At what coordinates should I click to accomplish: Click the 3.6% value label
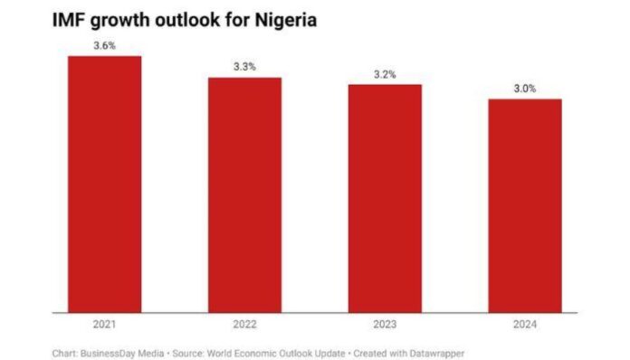pos(105,45)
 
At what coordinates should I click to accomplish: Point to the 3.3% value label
pos(244,67)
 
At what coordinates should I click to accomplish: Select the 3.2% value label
pos(385,74)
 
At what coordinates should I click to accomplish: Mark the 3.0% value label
pos(525,89)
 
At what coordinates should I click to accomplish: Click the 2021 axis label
pos(105,323)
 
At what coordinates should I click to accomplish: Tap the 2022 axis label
pos(244,323)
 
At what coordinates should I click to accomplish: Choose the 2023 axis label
pos(385,323)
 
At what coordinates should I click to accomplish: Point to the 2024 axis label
pos(525,323)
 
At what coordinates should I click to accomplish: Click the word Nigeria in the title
pos(282,20)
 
